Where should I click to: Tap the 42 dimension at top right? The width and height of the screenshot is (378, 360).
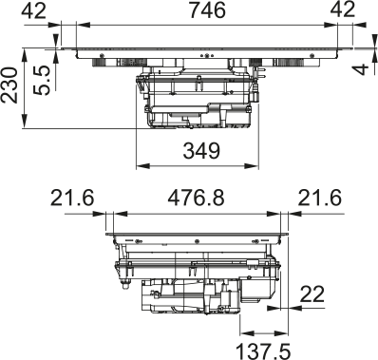(342, 10)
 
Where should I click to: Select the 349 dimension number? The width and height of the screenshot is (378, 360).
(200, 150)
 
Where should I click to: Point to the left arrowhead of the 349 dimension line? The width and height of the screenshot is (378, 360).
(141, 164)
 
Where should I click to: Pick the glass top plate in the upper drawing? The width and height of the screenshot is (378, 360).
(198, 49)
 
